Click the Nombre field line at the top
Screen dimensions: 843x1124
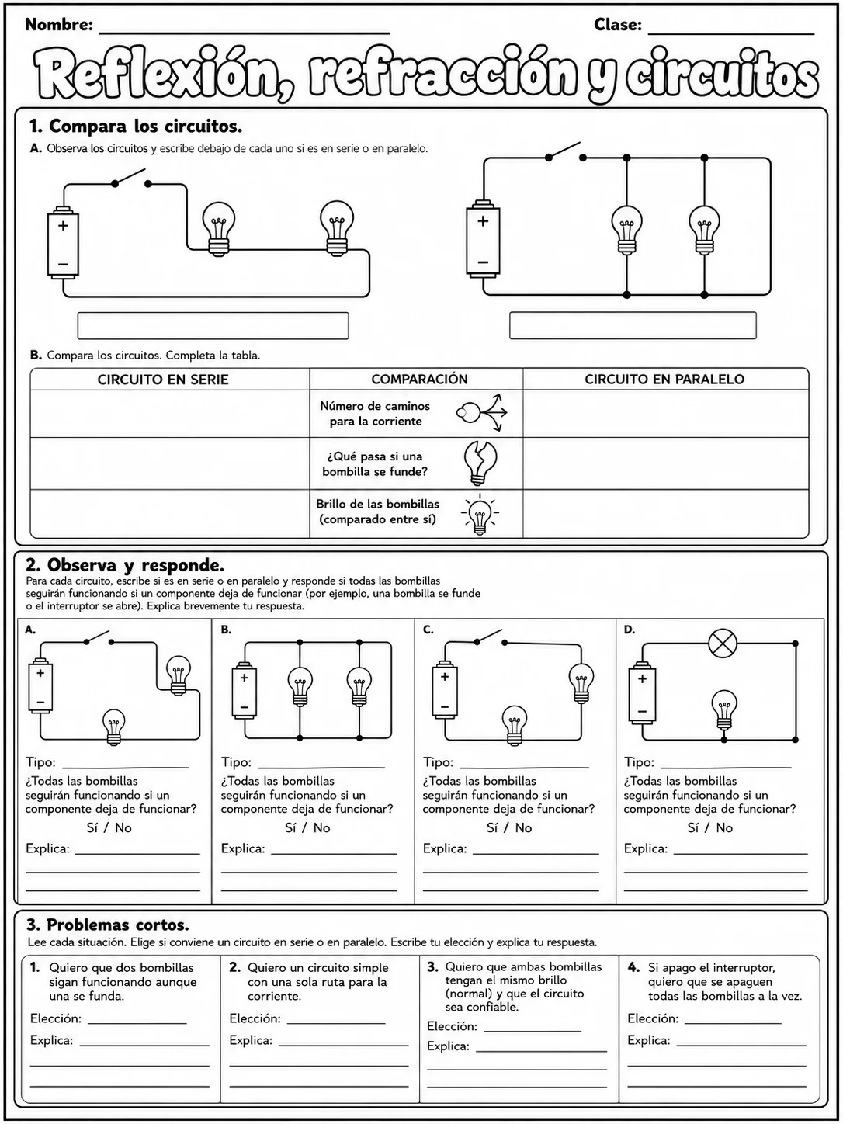coord(245,33)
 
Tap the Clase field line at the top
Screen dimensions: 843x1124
coord(731,34)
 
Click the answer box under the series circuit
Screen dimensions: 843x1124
coord(213,326)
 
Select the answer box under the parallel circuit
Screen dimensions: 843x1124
coord(633,325)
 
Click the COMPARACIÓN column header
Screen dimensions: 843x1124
coord(419,380)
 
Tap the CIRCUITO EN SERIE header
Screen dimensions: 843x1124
coord(163,380)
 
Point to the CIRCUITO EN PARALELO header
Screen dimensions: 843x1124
coord(664,380)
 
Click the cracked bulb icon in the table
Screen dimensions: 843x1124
coord(480,463)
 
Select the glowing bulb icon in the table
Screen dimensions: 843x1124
coord(480,515)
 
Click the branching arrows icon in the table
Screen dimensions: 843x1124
coord(481,412)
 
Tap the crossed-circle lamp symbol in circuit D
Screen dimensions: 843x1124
coord(722,644)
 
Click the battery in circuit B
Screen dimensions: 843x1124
coord(245,690)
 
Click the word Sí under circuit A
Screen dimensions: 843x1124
coord(92,828)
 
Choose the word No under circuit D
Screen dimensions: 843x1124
coord(724,828)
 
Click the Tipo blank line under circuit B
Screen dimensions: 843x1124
coord(321,768)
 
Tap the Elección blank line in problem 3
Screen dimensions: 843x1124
coord(533,1031)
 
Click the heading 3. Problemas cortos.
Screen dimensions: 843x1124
coord(107,925)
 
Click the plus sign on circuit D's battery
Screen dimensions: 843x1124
coord(642,679)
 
